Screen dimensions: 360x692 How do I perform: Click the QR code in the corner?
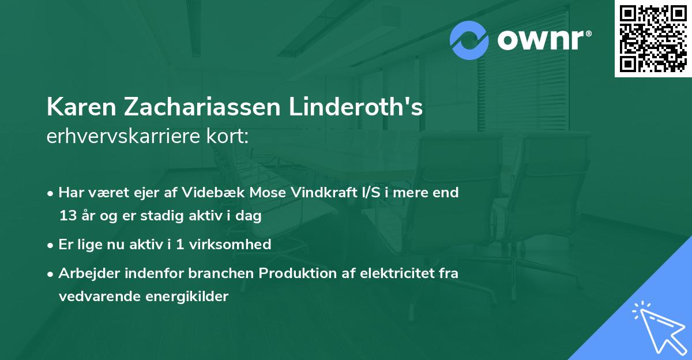(x=653, y=38)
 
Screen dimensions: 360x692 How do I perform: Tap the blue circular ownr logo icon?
(x=469, y=40)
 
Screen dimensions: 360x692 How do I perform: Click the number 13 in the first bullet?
(x=67, y=216)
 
